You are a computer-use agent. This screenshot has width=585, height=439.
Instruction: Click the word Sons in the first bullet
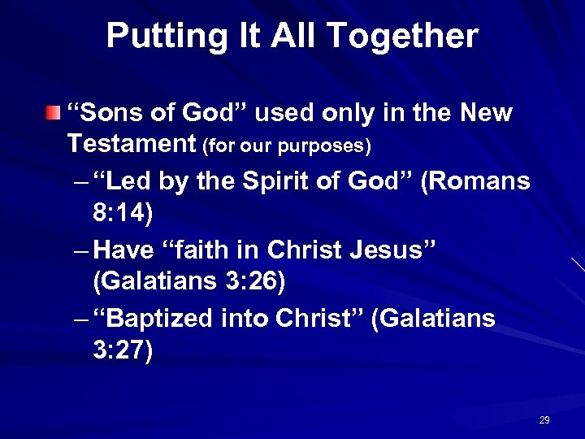coord(104,113)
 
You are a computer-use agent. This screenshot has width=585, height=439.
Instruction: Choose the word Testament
coord(132,144)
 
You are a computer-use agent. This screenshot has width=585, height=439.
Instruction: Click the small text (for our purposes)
coord(287,146)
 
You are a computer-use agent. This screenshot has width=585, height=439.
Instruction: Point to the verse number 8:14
coord(121,212)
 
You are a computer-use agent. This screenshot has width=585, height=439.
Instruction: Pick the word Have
coord(125,250)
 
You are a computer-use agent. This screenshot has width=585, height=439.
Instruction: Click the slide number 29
coord(544,420)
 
